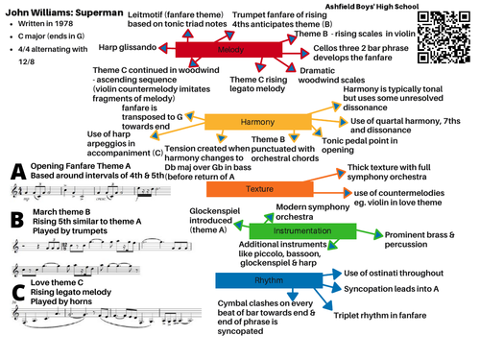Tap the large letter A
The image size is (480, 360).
tap(16, 172)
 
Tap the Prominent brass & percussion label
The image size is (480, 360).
tap(425, 266)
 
